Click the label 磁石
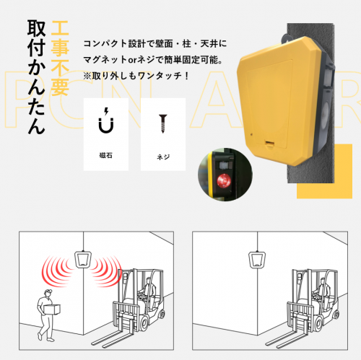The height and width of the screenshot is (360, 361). click(106, 155)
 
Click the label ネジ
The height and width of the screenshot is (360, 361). click(162, 155)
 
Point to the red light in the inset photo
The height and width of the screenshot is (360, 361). click(223, 180)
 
